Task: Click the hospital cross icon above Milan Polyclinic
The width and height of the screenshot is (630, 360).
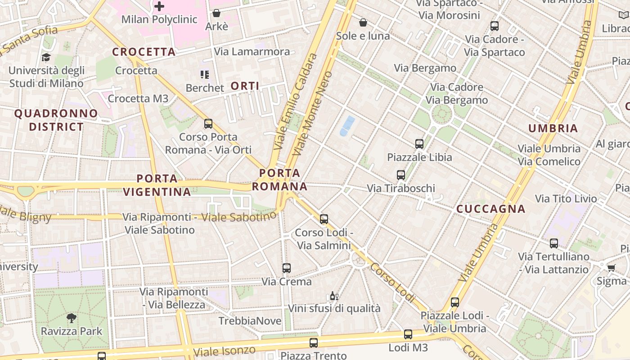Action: [159, 6]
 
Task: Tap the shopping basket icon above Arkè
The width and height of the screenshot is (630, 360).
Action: [216, 13]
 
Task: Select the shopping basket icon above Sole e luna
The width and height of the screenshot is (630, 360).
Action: [363, 22]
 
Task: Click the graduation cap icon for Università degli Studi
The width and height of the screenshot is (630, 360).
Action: [46, 57]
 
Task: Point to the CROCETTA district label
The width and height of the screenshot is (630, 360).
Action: [144, 52]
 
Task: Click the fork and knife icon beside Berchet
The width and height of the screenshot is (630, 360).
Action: [205, 74]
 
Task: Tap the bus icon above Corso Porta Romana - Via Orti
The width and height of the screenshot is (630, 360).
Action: [208, 123]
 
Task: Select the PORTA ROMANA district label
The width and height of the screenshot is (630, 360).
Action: [279, 180]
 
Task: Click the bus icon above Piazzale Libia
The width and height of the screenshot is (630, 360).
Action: [419, 144]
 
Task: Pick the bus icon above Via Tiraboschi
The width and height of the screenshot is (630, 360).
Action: [400, 175]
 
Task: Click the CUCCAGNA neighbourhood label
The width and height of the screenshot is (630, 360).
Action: [491, 209]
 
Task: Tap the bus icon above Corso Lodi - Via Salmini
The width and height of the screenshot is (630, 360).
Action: [324, 219]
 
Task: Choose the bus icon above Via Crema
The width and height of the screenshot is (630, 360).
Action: [286, 268]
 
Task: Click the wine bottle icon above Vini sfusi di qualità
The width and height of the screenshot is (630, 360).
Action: [334, 296]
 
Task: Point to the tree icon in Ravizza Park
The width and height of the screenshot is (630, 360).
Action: [71, 318]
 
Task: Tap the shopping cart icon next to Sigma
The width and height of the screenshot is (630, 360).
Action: [611, 268]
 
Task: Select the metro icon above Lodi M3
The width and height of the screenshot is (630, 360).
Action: [408, 334]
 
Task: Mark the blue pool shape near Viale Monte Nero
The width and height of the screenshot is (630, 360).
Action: [347, 126]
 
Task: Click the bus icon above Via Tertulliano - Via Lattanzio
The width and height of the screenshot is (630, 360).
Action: [553, 243]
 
